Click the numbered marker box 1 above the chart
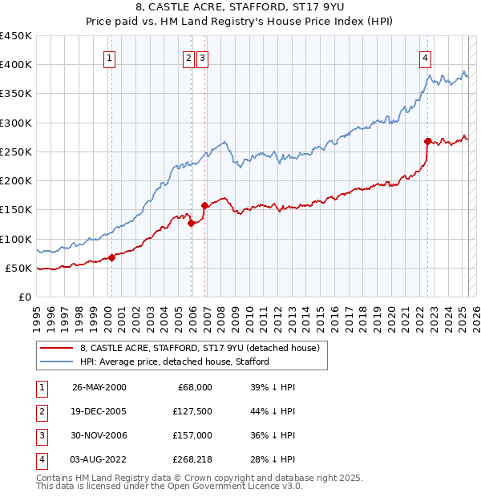tap(108, 57)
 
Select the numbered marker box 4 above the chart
tap(424, 57)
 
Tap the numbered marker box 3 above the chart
tap(202, 57)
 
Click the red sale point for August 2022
tap(428, 141)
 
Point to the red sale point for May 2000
tap(112, 257)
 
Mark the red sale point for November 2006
tap(204, 205)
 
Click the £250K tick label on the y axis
tap(15, 152)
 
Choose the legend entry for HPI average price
tap(174, 362)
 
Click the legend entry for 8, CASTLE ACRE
tap(200, 348)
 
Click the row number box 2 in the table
tap(41, 410)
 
